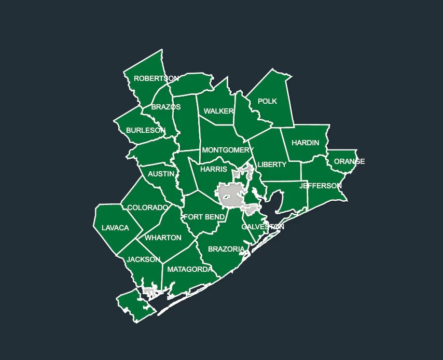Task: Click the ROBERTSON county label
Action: (x=156, y=79)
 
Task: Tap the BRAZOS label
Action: (x=166, y=107)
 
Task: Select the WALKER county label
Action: (x=218, y=112)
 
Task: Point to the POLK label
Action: (x=268, y=102)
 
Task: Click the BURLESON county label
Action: (x=146, y=131)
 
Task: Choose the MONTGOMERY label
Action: (x=228, y=150)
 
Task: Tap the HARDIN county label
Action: (x=305, y=143)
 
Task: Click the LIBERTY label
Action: (x=272, y=165)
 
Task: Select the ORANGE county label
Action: (x=349, y=162)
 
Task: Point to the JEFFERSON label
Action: (x=321, y=186)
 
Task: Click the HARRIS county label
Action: (x=213, y=170)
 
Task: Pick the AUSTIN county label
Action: (x=161, y=174)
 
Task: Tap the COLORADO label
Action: (x=148, y=208)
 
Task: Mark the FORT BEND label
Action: (x=204, y=217)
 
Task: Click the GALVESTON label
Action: (x=262, y=227)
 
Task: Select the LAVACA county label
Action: (x=115, y=228)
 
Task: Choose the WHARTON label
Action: (x=163, y=238)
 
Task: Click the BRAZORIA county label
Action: (x=226, y=250)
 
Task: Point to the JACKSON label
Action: (x=144, y=260)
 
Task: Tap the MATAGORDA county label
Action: (x=189, y=270)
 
